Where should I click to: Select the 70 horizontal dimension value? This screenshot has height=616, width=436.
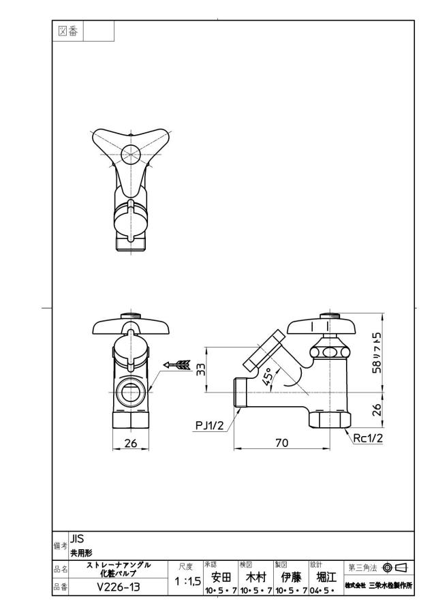coord(281,443)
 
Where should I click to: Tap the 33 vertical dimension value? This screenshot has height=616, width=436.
coord(201,369)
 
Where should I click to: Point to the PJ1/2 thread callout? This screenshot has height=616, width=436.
coord(209,425)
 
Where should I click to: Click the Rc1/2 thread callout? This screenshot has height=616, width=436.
coord(368,438)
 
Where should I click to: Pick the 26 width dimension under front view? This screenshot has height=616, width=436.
coord(130,443)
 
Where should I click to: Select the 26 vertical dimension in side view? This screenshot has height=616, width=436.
coord(377,410)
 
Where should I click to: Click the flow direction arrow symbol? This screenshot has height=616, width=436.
coord(176,365)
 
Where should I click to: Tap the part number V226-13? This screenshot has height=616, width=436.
coord(119,587)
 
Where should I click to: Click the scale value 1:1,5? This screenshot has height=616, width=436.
coord(188,581)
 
